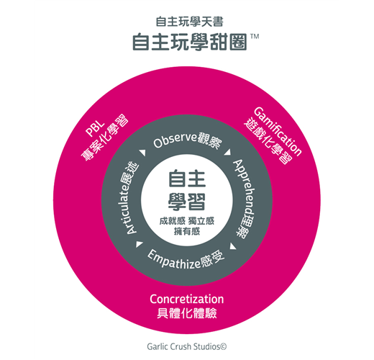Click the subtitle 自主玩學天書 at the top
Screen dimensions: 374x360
pos(189,22)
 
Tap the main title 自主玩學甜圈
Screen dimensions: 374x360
pos(190,42)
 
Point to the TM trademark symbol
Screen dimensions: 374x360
pos(255,37)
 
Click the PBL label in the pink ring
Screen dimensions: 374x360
pos(95,129)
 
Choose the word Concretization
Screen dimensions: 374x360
pos(187,299)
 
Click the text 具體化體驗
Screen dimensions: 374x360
pos(187,313)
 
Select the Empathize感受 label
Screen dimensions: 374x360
pos(186,259)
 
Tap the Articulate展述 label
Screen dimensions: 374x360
pos(129,198)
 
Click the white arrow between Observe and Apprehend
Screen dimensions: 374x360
pos(227,153)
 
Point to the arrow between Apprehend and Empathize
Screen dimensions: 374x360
pos(233,246)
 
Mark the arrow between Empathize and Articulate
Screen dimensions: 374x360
pos(139,244)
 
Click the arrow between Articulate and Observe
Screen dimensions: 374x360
pos(143,153)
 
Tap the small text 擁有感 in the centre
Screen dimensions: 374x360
pos(187,231)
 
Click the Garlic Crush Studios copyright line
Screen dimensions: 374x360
pos(187,346)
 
